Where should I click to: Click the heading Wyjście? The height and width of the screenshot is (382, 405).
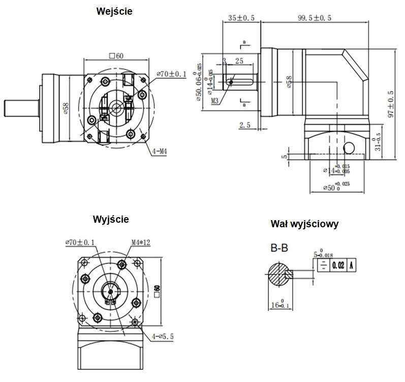tap(111, 220)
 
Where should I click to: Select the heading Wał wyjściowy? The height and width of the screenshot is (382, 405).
tap(305, 223)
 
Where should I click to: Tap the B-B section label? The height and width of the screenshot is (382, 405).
tap(279, 249)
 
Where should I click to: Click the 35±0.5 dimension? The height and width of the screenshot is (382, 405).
tap(241, 18)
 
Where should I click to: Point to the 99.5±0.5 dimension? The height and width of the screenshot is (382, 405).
tap(315, 18)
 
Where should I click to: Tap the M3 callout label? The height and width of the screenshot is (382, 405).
tap(215, 100)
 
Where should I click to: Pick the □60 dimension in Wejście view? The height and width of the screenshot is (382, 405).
tap(117, 56)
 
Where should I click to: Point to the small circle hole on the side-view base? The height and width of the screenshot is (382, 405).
tap(349, 147)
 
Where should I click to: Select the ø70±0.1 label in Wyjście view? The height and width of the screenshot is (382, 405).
tap(82, 242)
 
